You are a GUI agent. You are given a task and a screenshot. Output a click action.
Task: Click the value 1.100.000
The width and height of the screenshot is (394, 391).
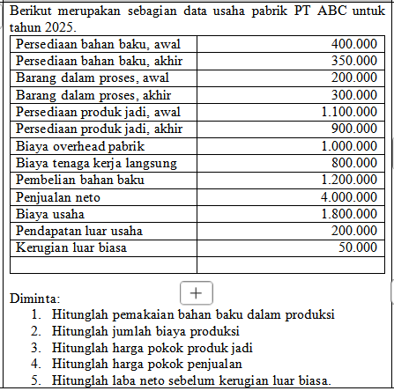tap(347, 112)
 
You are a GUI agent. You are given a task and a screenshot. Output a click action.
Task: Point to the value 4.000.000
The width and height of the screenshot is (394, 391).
tap(347, 197)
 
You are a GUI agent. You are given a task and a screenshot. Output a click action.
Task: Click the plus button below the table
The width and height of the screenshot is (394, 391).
tap(196, 291)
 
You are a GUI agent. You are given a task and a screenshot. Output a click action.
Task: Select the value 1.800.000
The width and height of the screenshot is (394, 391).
tap(347, 214)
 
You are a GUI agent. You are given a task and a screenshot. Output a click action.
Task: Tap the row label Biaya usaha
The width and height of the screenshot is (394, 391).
tap(50, 214)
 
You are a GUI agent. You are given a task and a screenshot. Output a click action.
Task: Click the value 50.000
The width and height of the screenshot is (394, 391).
tap(356, 247)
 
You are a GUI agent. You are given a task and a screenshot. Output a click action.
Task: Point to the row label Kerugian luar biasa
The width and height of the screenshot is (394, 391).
tap(70, 247)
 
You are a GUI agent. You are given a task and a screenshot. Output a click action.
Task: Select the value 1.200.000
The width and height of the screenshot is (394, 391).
tap(347, 180)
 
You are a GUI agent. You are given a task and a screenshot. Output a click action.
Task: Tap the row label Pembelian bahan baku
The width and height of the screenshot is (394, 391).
tap(80, 180)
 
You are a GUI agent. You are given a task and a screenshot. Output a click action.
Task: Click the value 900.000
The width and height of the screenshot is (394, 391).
tap(353, 129)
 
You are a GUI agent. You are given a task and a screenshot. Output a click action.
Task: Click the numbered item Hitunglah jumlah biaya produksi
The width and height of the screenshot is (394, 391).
tap(146, 330)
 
